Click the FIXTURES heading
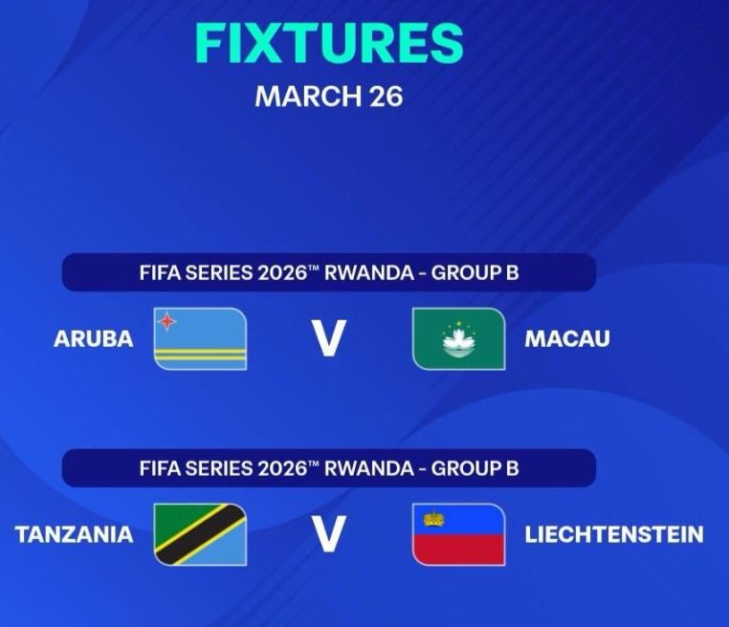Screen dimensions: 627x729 (x=329, y=43)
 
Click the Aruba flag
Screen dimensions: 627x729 (x=200, y=338)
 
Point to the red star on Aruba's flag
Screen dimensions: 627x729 (x=168, y=321)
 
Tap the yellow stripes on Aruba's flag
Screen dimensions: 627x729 (x=200, y=357)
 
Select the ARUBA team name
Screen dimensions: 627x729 (x=94, y=339)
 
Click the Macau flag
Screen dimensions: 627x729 (x=458, y=338)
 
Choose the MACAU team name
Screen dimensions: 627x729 (x=567, y=339)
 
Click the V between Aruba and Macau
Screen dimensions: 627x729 (x=328, y=339)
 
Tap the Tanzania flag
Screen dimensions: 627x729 (x=200, y=534)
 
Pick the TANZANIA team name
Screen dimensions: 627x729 (x=74, y=534)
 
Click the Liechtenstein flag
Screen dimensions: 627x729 (x=458, y=534)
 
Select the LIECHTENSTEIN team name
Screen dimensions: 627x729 (x=614, y=534)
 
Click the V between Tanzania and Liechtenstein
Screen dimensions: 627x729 (x=328, y=535)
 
